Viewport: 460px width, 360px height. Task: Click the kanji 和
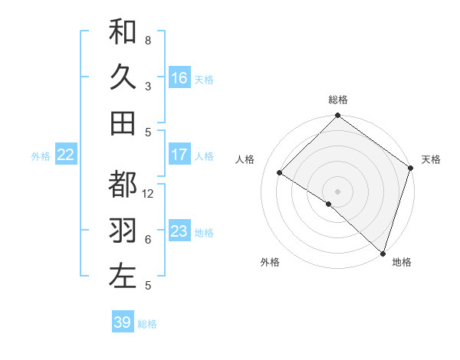[x=123, y=31]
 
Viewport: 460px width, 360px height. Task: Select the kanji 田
[x=123, y=123]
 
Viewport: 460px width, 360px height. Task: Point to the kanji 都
[x=123, y=184]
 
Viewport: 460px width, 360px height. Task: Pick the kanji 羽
[x=123, y=230]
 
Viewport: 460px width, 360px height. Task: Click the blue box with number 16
[x=179, y=77]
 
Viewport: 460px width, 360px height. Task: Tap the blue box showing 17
[x=179, y=155]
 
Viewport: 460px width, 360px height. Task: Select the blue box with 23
[x=179, y=231]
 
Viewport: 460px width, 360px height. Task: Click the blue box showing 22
[x=66, y=155]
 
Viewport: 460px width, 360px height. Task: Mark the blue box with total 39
[x=123, y=322]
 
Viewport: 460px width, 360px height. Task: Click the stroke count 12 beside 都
[x=149, y=194]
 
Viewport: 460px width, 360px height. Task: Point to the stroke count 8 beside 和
[x=148, y=40]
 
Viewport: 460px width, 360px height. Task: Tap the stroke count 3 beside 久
[x=148, y=86]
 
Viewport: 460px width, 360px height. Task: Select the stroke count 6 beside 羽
[x=148, y=240]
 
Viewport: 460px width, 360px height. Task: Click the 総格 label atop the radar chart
[x=338, y=100]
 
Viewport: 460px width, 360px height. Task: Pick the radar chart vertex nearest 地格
[x=383, y=252]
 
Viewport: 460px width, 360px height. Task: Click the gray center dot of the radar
[x=337, y=191]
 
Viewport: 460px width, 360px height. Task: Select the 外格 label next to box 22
[x=41, y=155]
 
